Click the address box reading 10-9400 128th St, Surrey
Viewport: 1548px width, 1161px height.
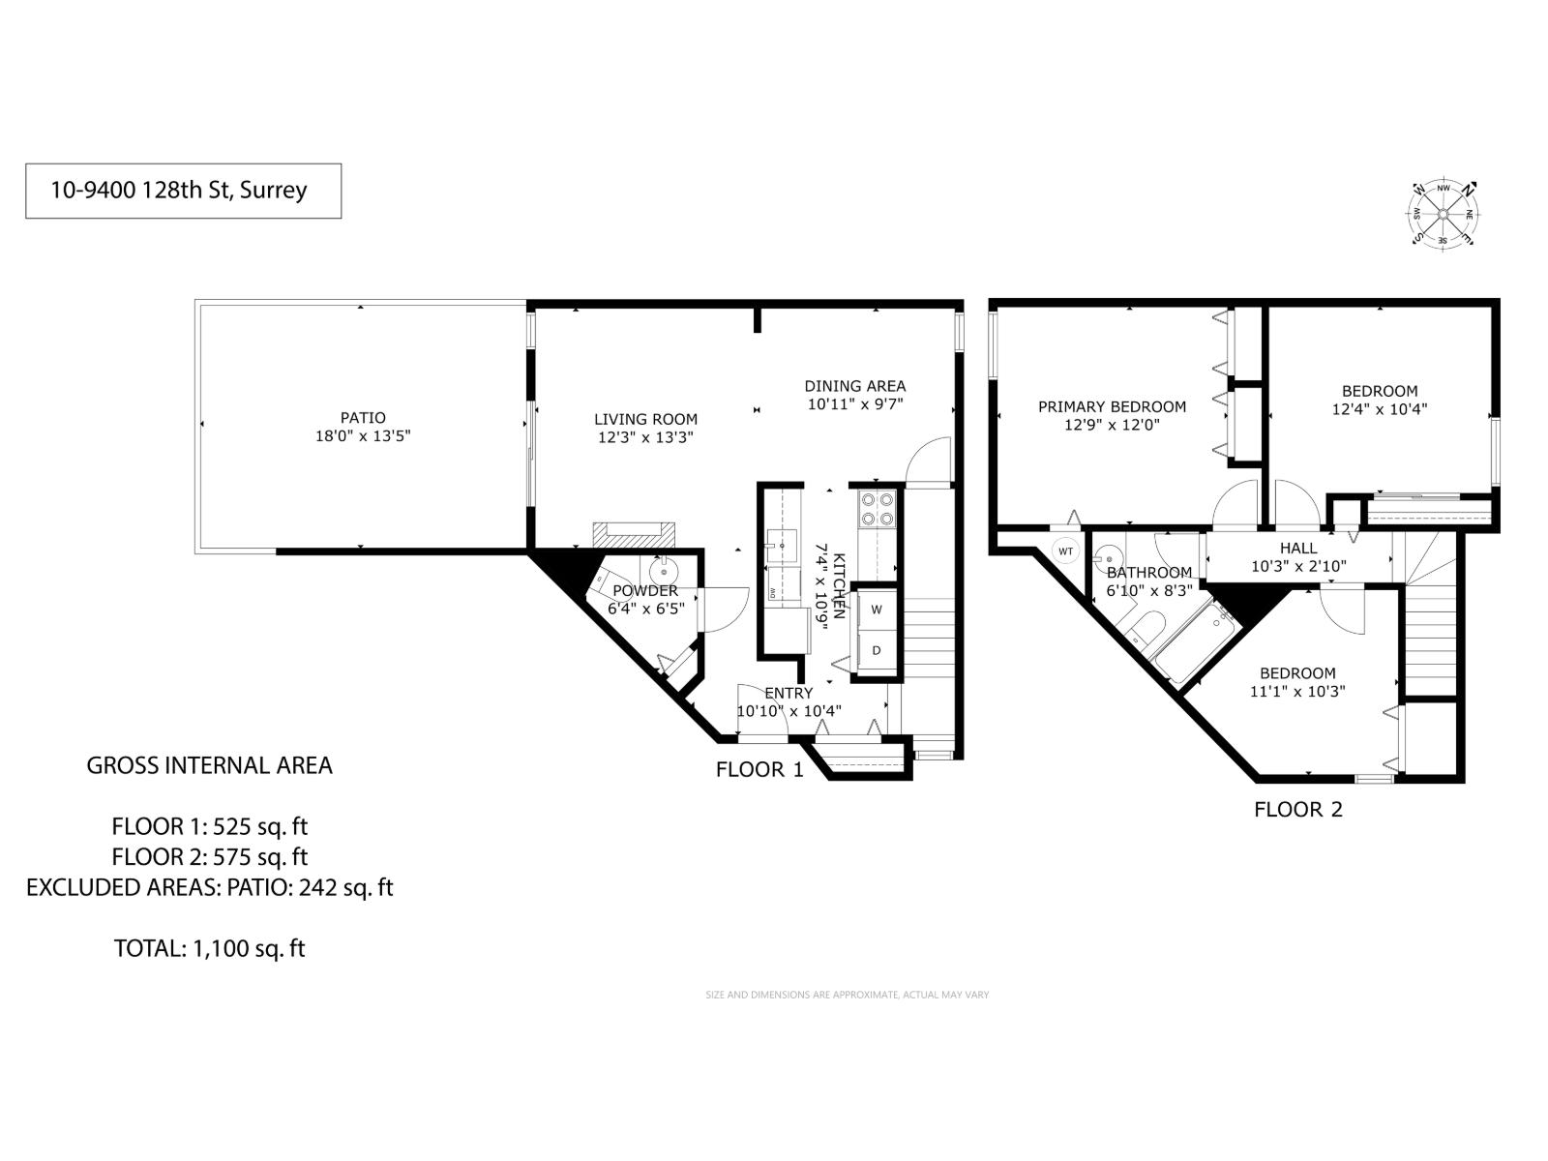pyautogui.click(x=183, y=191)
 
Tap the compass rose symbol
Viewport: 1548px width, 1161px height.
pyautogui.click(x=1443, y=214)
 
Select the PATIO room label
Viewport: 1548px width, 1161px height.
pyautogui.click(x=363, y=418)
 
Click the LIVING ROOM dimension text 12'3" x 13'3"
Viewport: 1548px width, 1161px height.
pyautogui.click(x=645, y=437)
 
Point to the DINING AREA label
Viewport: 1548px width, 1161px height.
pyautogui.click(x=855, y=386)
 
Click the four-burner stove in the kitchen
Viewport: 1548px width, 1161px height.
pyautogui.click(x=878, y=509)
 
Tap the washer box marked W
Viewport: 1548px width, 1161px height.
pyautogui.click(x=877, y=610)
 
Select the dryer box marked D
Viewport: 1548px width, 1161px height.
pyautogui.click(x=877, y=650)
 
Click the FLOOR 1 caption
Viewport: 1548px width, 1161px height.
pyautogui.click(x=759, y=770)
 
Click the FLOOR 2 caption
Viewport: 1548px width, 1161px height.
pyautogui.click(x=1298, y=810)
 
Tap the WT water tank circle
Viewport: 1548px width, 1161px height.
pyautogui.click(x=1066, y=551)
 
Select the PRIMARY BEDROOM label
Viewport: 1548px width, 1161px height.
pyautogui.click(x=1112, y=406)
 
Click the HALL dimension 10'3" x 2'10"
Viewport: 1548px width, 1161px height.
pyautogui.click(x=1298, y=567)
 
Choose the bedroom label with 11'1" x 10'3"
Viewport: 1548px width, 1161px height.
pyautogui.click(x=1297, y=673)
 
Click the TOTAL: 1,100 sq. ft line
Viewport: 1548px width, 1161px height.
pyautogui.click(x=209, y=948)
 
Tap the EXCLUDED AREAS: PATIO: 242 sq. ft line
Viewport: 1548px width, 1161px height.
pyautogui.click(x=209, y=887)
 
